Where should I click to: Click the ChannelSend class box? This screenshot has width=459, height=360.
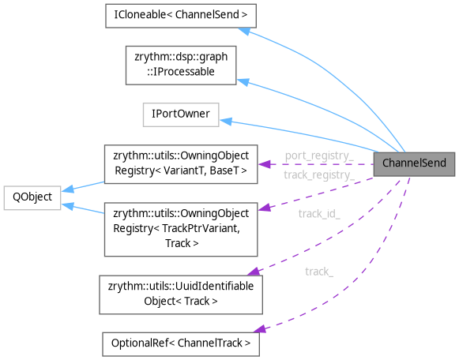(x=415, y=163)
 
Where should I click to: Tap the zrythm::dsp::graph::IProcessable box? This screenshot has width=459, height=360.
(x=182, y=66)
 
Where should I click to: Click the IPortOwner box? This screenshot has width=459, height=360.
(x=180, y=114)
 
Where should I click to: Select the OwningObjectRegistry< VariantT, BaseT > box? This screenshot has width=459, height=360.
(x=182, y=163)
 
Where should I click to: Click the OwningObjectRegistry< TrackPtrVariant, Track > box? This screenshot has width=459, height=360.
(x=182, y=229)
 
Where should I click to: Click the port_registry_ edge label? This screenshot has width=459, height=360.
(x=318, y=156)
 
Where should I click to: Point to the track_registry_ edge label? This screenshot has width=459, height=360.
(x=318, y=174)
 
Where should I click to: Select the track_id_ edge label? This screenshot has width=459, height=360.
(x=318, y=213)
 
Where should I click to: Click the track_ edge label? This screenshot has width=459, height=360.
(x=318, y=272)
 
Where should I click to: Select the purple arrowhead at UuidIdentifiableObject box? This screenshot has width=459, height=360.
(x=260, y=275)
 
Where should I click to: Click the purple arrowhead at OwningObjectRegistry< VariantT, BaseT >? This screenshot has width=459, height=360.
(x=262, y=163)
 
